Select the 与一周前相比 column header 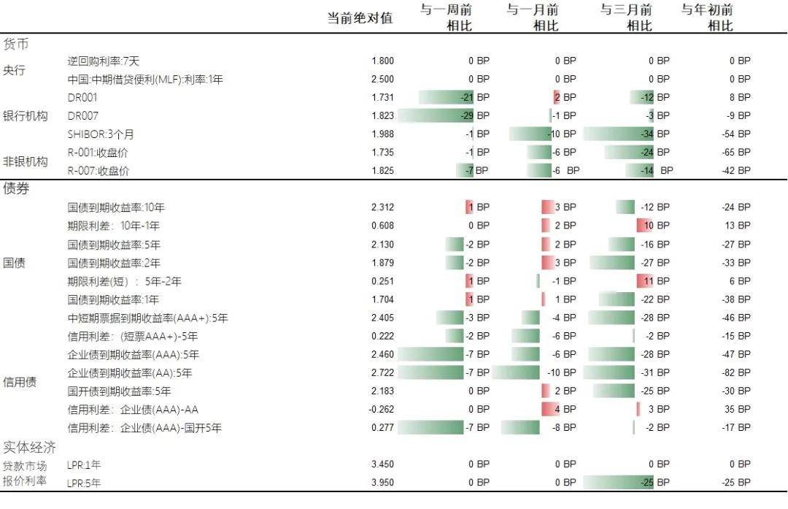click(446, 18)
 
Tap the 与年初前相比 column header click(707, 18)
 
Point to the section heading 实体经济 click(30, 447)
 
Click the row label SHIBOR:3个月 click(101, 134)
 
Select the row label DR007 click(82, 115)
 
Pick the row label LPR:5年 click(84, 483)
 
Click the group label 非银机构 click(26, 161)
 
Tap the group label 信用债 click(20, 382)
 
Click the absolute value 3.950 click(382, 483)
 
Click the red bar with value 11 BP click(645, 281)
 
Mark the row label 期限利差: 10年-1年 click(113, 226)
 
